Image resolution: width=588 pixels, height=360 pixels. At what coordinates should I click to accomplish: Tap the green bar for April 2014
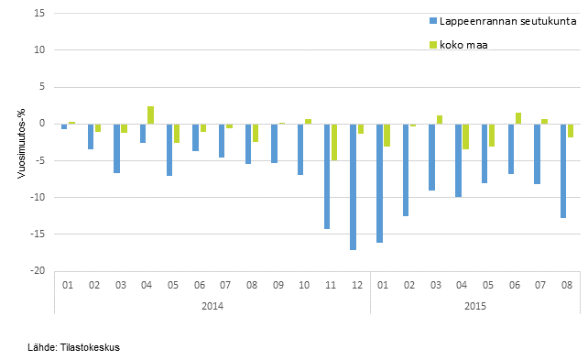point(151,115)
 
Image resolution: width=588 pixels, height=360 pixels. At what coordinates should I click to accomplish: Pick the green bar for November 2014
point(335,142)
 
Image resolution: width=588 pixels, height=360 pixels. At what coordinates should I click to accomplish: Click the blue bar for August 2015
point(564,170)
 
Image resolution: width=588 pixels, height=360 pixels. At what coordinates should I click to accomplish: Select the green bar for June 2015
point(519,118)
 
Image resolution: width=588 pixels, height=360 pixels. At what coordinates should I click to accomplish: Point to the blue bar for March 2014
point(116,148)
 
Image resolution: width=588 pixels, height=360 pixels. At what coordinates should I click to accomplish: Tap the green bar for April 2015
point(466,136)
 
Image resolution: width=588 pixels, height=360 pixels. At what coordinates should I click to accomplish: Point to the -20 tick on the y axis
point(38,271)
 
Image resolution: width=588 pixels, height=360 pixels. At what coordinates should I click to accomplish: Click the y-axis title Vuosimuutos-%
point(21,142)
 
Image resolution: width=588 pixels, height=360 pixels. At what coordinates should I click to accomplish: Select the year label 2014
point(212,305)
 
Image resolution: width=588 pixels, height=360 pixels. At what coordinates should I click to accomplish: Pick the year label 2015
point(474,305)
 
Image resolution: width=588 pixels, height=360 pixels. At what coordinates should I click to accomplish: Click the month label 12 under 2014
point(356,285)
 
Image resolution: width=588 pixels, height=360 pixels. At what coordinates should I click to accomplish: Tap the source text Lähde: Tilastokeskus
point(73,347)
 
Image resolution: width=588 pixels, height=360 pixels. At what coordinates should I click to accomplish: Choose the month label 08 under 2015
point(567,285)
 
